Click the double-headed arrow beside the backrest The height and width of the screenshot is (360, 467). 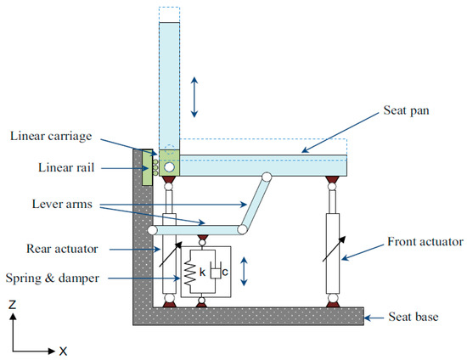pos(195,96)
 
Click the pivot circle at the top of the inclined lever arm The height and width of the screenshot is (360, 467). pos(267,177)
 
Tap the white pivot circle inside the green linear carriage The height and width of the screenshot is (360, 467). pos(171,167)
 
